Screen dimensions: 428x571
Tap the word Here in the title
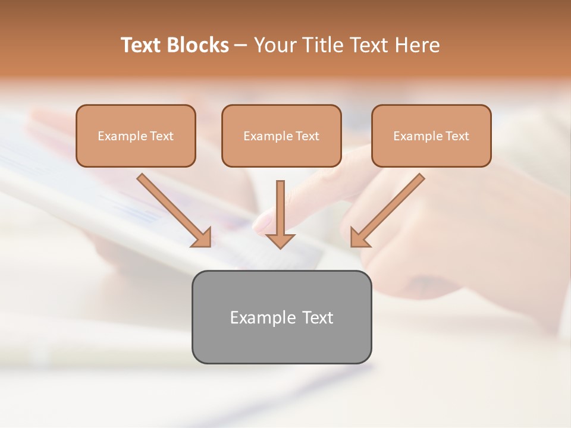tap(416, 45)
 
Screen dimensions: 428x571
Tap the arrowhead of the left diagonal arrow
tap(202, 238)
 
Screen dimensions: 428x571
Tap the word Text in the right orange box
tap(457, 136)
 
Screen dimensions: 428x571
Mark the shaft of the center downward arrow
tap(280, 205)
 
